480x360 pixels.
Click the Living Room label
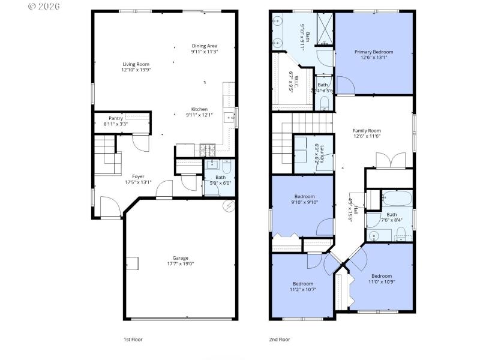click(x=136, y=64)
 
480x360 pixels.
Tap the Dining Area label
click(x=204, y=46)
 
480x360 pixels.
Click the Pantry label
click(x=116, y=119)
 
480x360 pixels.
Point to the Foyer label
click(x=138, y=176)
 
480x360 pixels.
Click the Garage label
click(x=181, y=258)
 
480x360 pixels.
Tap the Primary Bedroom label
click(x=374, y=52)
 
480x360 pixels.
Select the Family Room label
click(x=366, y=130)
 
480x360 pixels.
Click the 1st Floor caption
click(x=133, y=339)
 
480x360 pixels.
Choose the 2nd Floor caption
click(x=279, y=339)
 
